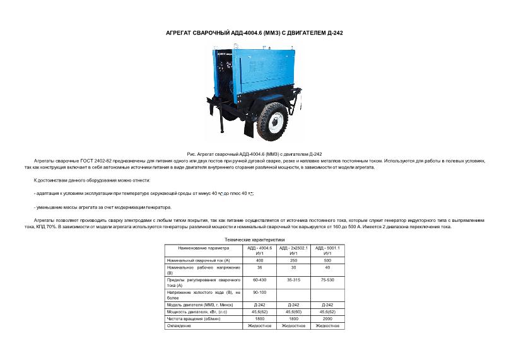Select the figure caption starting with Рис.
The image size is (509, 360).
(x=255, y=154)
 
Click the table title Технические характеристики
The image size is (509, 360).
(x=254, y=240)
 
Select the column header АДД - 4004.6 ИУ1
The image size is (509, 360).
(x=259, y=250)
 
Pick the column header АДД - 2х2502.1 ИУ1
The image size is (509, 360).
(x=293, y=250)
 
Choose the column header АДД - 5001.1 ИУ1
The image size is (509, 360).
(x=327, y=250)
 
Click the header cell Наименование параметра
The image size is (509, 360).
(x=204, y=248)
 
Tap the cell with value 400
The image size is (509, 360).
(x=259, y=260)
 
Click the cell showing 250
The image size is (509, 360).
(x=293, y=260)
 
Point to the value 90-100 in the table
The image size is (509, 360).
(x=259, y=293)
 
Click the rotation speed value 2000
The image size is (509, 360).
(x=327, y=318)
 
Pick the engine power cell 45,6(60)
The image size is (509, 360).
(x=293, y=311)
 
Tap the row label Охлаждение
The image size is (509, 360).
(x=179, y=325)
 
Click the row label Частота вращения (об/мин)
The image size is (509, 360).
(x=189, y=318)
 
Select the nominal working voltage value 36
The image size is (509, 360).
(x=259, y=267)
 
